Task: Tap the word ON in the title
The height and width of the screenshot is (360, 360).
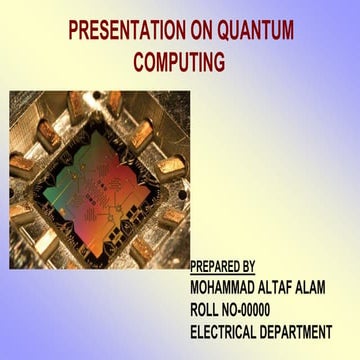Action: click(217, 30)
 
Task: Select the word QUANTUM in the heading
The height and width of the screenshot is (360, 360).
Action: click(263, 30)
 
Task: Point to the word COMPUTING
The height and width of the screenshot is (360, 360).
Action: click(180, 62)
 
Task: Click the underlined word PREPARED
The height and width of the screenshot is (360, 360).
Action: click(215, 266)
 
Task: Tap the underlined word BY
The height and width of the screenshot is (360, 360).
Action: click(249, 266)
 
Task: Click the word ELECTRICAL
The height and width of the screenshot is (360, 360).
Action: click(228, 332)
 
